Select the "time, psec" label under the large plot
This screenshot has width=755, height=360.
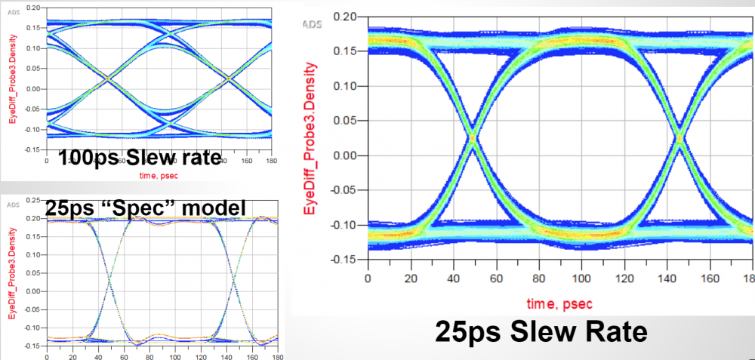tap(561, 303)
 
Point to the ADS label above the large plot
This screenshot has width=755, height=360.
tap(312, 25)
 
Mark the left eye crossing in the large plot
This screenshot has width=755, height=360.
tap(472, 138)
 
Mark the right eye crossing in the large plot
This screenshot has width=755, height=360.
tap(679, 138)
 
